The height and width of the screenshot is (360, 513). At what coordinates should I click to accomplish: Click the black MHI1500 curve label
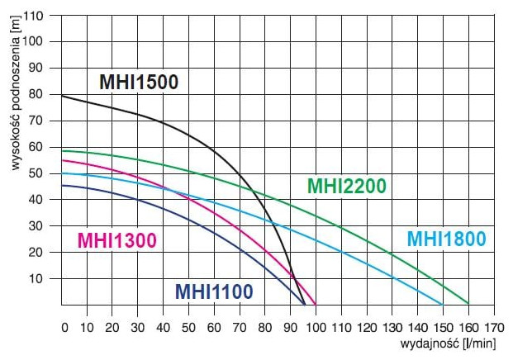tap(139, 83)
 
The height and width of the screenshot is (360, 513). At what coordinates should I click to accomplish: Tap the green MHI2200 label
tap(346, 187)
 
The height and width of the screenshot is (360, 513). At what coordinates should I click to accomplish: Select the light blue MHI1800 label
tap(446, 239)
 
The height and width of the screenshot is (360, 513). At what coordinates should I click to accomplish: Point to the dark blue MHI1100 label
tap(213, 291)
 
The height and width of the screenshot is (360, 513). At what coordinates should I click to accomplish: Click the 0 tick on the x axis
tap(64, 327)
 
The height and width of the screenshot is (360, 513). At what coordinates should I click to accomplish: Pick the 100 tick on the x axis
tap(316, 327)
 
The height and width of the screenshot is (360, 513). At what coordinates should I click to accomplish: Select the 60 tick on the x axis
tap(215, 327)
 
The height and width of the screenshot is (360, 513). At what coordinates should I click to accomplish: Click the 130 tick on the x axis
tap(392, 327)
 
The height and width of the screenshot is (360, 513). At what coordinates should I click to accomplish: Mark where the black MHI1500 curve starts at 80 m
tap(63, 97)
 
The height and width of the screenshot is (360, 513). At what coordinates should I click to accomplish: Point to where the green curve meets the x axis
tap(468, 304)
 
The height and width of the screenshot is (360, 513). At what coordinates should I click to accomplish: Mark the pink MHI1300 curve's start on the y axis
tap(63, 160)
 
